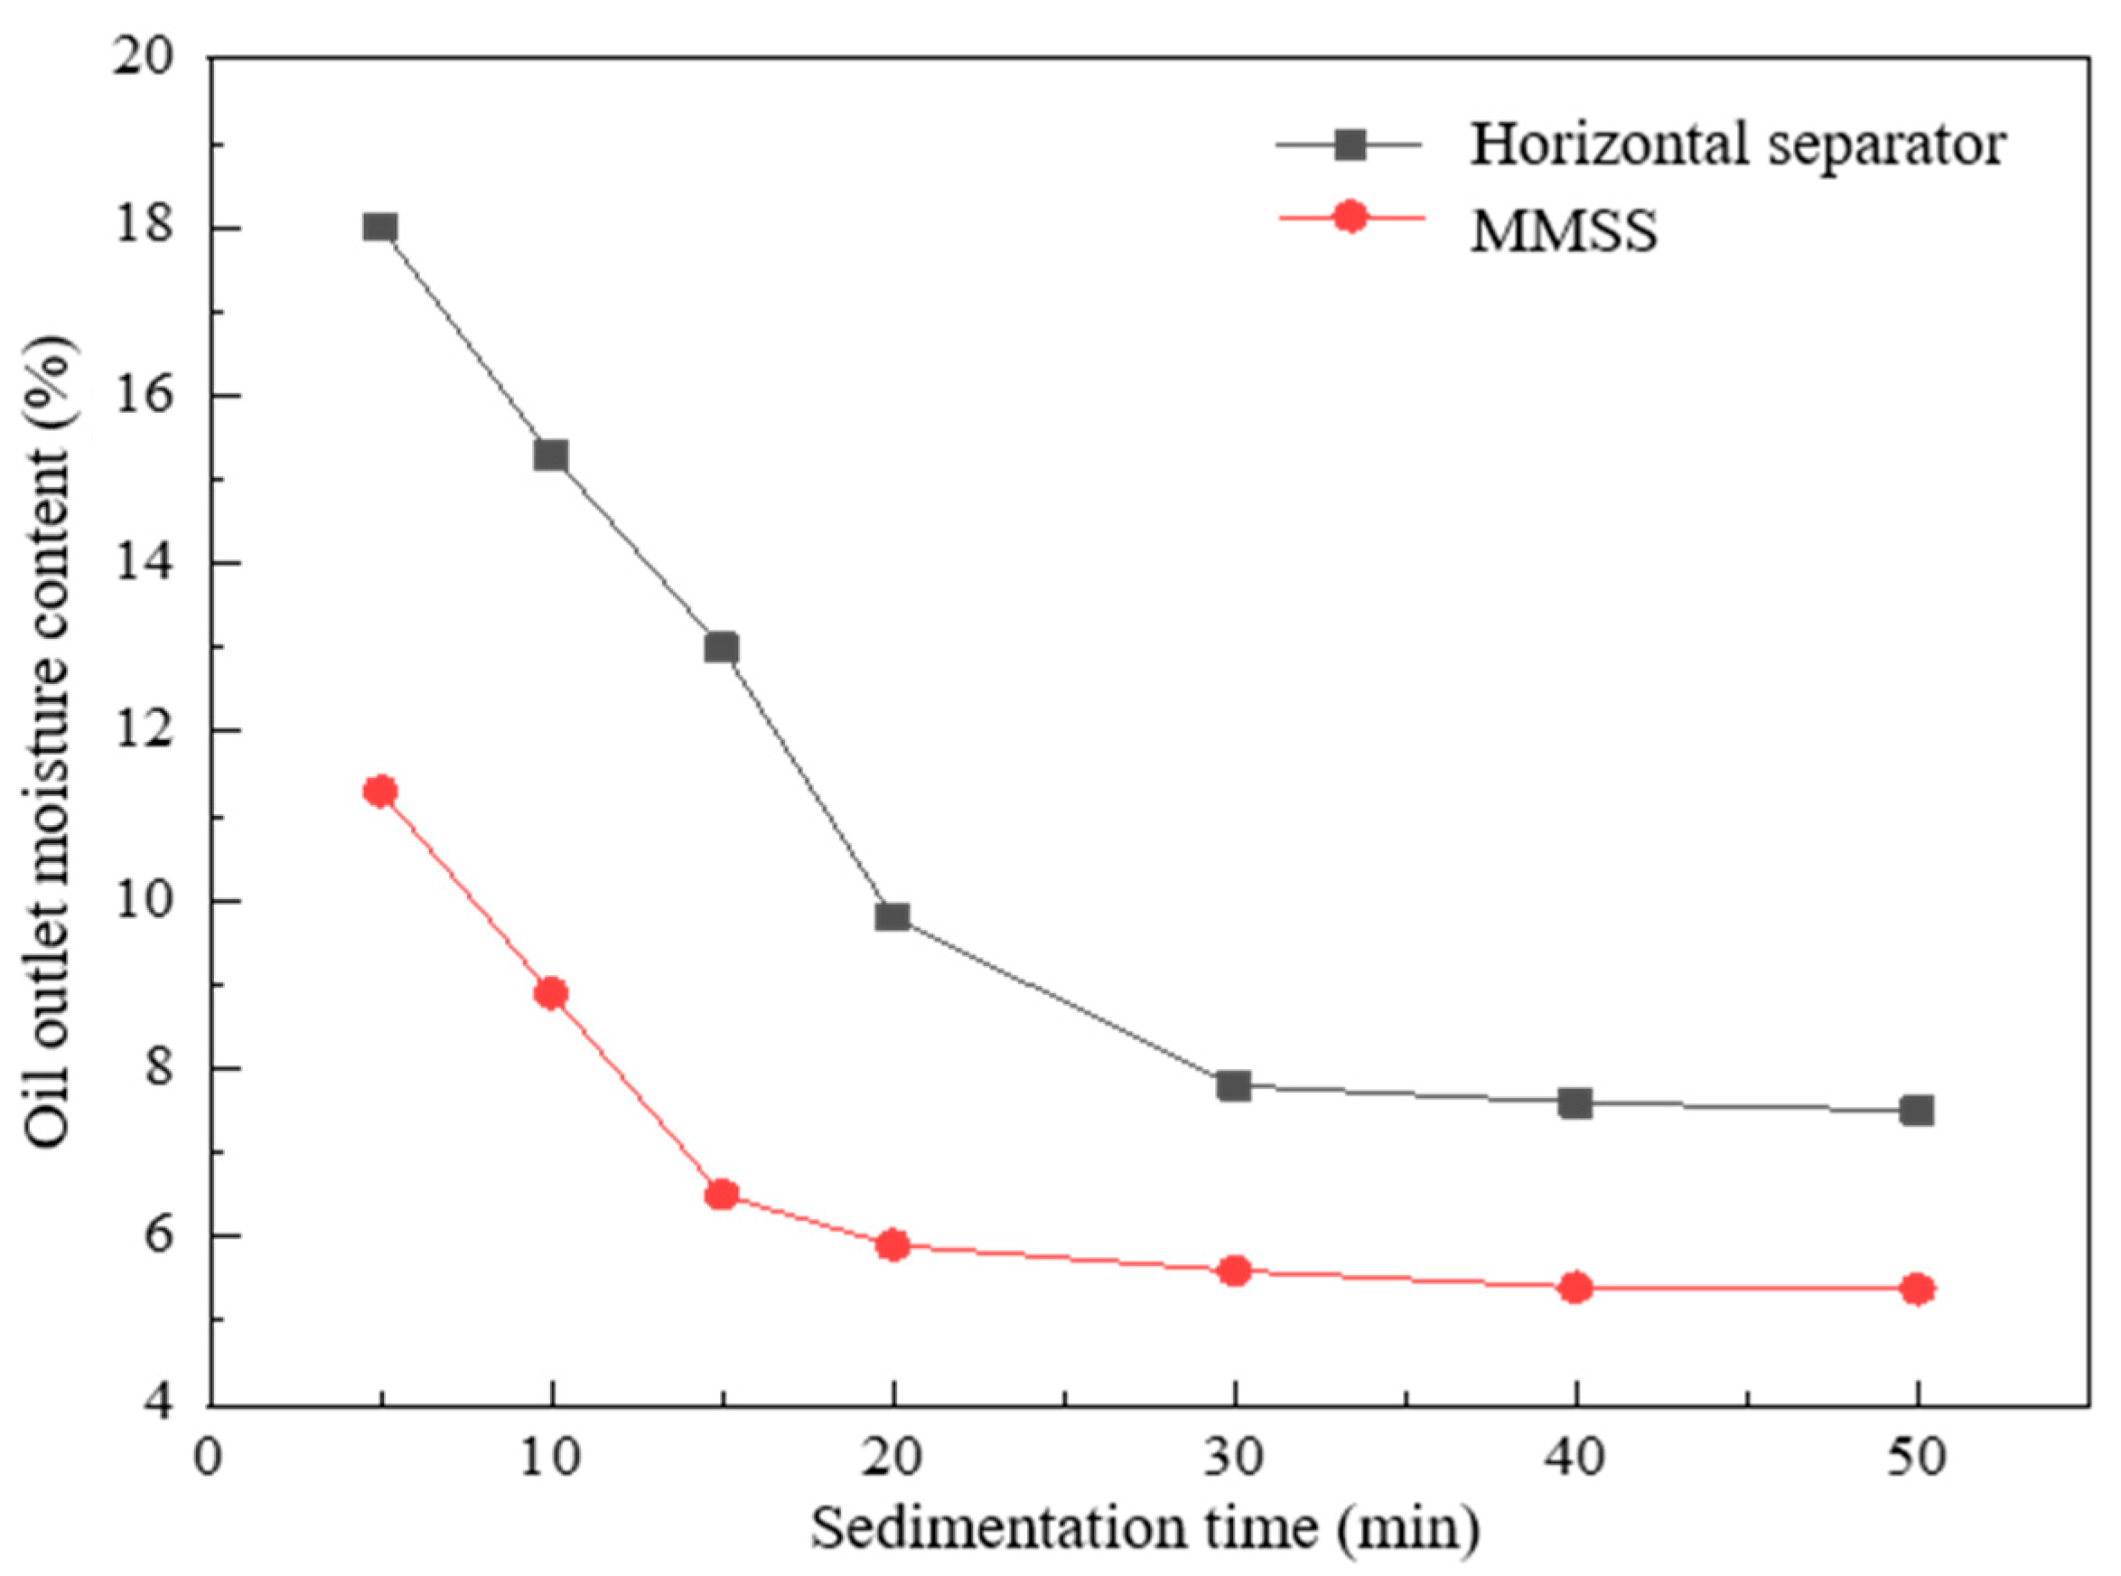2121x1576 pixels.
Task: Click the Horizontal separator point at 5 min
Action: pos(380,227)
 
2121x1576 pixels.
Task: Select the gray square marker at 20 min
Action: pos(892,918)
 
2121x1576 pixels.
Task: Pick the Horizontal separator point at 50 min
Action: pos(1917,1111)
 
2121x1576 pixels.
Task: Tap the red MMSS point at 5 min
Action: pos(380,791)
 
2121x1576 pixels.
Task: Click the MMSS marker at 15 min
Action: pos(722,1195)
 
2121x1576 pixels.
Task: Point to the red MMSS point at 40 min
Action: pos(1575,1288)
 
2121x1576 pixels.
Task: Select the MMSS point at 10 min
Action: pos(551,994)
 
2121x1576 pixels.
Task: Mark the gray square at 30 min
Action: pos(1234,1085)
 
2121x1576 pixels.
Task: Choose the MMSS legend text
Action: pos(1564,230)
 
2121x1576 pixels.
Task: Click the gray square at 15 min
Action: pos(722,649)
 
